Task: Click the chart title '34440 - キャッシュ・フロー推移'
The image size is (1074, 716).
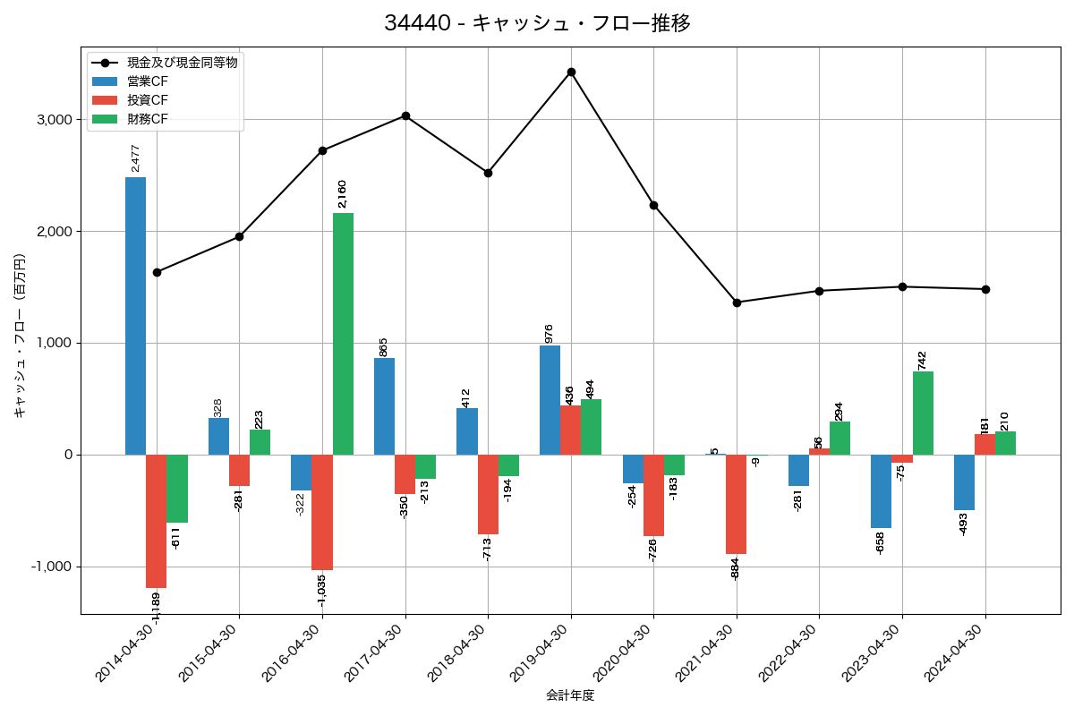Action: click(537, 23)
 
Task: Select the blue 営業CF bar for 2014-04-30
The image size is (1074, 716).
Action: click(135, 316)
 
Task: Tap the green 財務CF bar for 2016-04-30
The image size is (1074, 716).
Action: click(343, 334)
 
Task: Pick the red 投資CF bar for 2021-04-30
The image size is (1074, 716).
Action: click(737, 505)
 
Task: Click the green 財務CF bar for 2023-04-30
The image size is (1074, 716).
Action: click(923, 413)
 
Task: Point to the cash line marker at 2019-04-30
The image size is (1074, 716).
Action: click(571, 72)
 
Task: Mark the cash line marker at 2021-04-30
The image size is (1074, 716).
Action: click(737, 303)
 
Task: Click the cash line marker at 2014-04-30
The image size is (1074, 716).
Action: click(157, 272)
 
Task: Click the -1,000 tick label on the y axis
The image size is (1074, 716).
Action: click(52, 567)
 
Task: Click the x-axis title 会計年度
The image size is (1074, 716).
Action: click(570, 695)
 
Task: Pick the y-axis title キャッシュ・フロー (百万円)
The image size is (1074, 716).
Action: click(20, 337)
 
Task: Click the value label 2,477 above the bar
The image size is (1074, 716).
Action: click(136, 158)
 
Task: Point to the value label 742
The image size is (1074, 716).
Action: click(923, 360)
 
